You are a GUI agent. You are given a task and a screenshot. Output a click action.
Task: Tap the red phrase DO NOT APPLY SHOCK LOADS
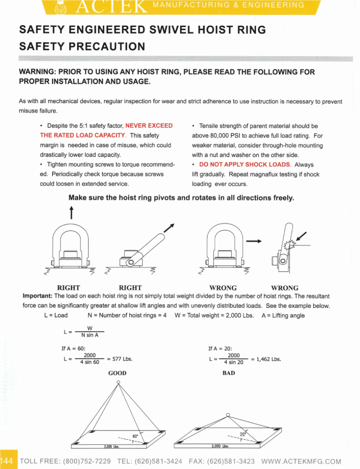[245, 164]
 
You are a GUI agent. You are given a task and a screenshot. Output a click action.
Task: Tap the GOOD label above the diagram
[117, 373]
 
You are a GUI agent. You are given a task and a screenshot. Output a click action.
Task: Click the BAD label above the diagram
[229, 373]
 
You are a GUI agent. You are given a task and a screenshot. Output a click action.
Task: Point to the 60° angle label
[135, 436]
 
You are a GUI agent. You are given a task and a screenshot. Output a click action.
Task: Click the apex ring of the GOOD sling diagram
[118, 382]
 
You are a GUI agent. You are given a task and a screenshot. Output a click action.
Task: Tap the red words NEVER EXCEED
[149, 125]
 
